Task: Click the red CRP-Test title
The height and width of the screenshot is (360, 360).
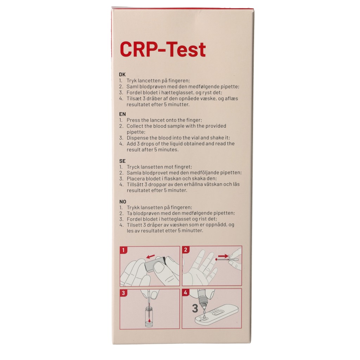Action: point(163,49)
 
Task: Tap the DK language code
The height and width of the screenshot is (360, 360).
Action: point(122,75)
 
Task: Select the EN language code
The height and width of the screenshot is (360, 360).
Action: point(122,114)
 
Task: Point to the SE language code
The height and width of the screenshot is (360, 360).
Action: point(122,161)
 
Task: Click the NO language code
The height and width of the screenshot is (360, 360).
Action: point(123,202)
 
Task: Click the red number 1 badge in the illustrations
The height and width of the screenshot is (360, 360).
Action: point(123,250)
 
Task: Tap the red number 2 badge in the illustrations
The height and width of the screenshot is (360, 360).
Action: point(186,250)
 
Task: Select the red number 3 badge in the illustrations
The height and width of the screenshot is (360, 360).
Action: point(123,293)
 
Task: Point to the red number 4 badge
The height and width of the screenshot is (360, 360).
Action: point(186,293)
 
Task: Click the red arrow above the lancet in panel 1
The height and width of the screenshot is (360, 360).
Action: point(150,256)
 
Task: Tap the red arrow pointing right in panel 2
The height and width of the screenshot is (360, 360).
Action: point(223,256)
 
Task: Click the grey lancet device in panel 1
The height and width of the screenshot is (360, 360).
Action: point(155,264)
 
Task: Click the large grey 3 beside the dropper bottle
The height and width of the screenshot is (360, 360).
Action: point(195,309)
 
